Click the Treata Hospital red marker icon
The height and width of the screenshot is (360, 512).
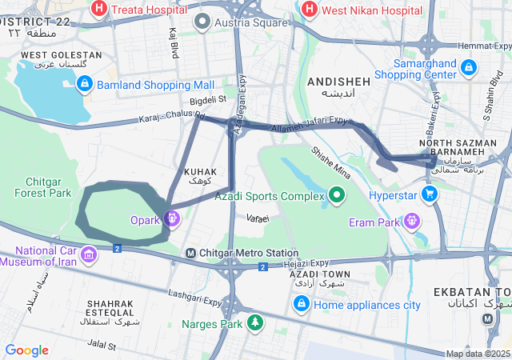point(100,10)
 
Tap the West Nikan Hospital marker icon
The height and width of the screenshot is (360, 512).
point(309,10)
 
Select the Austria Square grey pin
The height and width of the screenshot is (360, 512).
point(203,21)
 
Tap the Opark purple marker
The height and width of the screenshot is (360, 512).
point(171,218)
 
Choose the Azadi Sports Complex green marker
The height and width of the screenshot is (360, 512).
point(338,194)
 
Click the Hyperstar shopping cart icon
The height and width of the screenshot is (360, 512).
point(430,194)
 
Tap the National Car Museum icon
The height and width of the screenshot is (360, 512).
point(89,255)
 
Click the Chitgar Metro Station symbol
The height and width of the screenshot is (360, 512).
point(190,254)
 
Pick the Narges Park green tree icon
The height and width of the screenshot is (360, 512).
point(254,322)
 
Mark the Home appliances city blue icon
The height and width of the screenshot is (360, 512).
point(302,304)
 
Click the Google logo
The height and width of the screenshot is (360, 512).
point(26,350)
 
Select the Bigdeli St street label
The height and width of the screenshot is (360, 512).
point(209,100)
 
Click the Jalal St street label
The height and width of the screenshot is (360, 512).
point(101,346)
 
